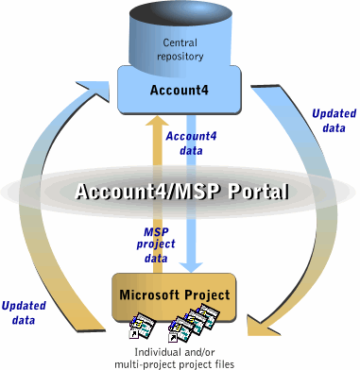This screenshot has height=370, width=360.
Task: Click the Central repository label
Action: coord(180,49)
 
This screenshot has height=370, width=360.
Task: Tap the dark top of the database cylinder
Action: coord(180,14)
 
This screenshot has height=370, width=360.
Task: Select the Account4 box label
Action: coord(180,90)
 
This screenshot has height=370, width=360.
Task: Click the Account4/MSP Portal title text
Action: coord(182,191)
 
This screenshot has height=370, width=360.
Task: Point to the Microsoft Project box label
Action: coord(175,294)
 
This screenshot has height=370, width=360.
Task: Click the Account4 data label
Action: coord(191,143)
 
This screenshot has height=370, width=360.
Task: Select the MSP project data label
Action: coord(156,245)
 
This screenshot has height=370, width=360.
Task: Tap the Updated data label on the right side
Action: coord(334,121)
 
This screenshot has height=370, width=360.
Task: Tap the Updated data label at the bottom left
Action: coord(24,312)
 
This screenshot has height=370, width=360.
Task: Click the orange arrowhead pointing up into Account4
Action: coord(158,121)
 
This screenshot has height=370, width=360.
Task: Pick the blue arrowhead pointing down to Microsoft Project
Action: coord(191,266)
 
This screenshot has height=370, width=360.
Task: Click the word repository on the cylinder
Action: coord(180,57)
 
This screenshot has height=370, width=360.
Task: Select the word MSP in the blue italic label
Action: coord(156,232)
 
